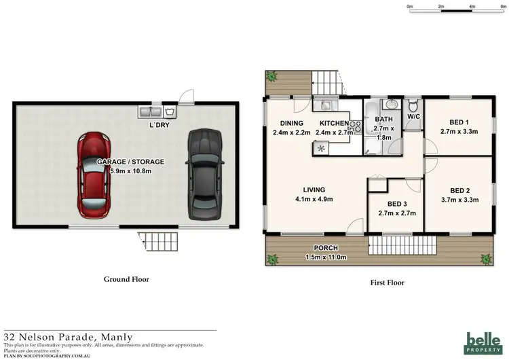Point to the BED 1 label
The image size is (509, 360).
click(459, 122)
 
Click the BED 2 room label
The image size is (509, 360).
click(459, 191)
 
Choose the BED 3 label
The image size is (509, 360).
click(396, 204)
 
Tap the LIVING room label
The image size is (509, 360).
click(314, 190)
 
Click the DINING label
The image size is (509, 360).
click(291, 123)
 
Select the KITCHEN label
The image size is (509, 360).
click(331, 123)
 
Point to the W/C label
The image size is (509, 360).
click(413, 117)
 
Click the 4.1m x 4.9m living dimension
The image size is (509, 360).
click(314, 199)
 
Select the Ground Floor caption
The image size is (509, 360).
click(126, 278)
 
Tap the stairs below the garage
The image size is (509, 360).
click(156, 240)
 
